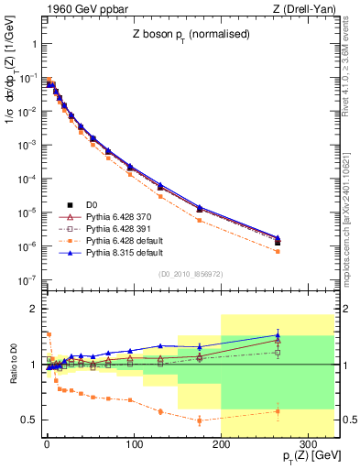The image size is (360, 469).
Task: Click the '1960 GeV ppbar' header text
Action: (81, 10)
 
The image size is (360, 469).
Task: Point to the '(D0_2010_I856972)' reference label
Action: (183, 274)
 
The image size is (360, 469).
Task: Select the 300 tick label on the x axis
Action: (308, 444)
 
